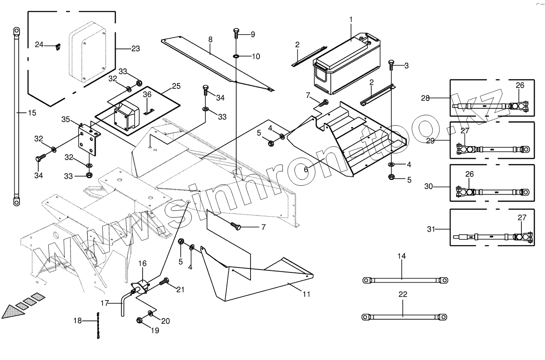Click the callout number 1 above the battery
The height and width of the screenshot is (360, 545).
point(351,19)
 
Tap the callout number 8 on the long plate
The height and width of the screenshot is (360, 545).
point(210,40)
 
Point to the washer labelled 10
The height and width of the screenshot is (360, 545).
point(236,56)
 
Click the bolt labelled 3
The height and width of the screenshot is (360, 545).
point(391,63)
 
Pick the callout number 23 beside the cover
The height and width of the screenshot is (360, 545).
point(136,49)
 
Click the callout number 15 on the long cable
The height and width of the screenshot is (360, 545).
point(32,113)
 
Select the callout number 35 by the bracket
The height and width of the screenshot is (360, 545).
point(66,119)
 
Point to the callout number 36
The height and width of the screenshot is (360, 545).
point(147,94)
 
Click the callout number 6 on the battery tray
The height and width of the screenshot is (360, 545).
point(306,169)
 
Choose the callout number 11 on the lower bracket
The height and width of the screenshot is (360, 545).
point(306,294)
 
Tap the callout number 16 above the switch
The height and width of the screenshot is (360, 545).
point(142,264)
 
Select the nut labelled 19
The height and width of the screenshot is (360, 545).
point(139,320)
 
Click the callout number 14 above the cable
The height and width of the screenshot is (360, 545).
point(402,256)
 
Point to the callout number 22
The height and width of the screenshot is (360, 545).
point(402,294)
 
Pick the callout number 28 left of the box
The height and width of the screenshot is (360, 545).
point(425,98)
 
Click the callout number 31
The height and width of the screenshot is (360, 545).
point(431,229)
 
